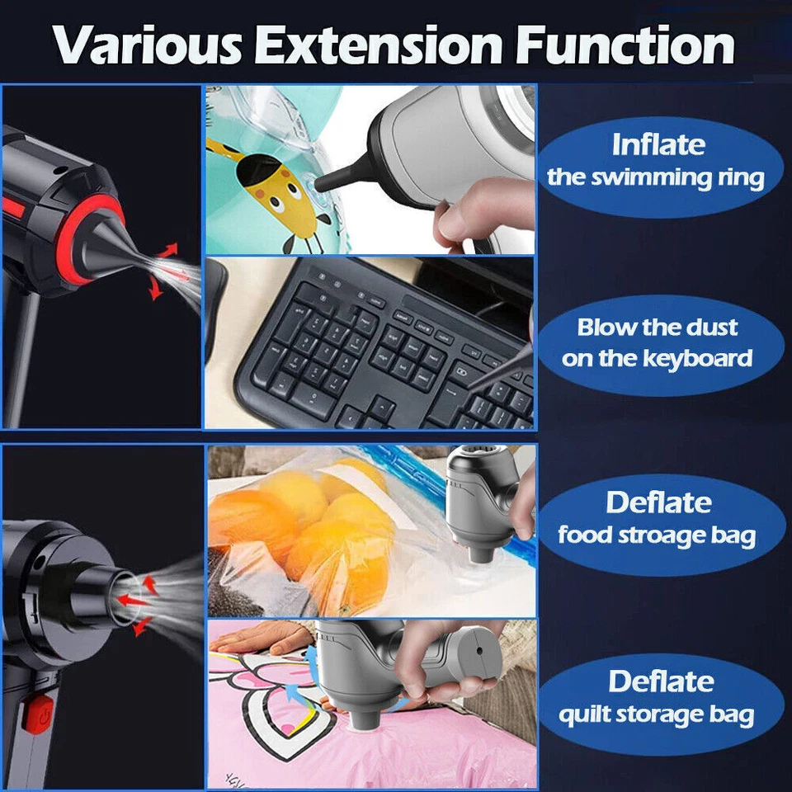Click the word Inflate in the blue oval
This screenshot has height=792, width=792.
click(658, 145)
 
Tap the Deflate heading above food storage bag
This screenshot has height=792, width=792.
click(658, 502)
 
